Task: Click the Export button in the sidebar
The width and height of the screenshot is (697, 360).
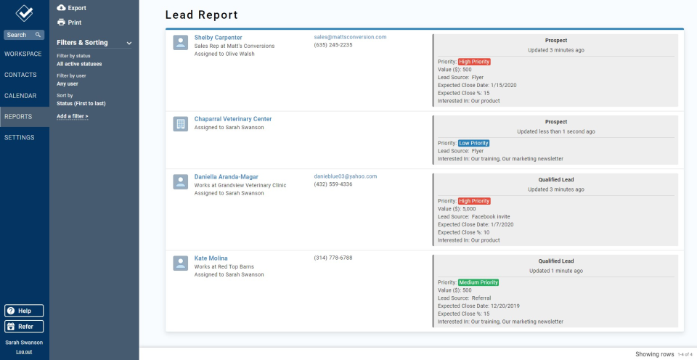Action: (x=71, y=8)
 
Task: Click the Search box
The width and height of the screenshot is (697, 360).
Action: (x=24, y=35)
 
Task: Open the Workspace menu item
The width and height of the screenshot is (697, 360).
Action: (x=23, y=54)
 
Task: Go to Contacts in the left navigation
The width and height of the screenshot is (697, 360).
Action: (x=21, y=75)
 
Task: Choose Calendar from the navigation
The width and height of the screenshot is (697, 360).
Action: (x=21, y=96)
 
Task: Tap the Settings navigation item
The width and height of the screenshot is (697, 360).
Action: (x=20, y=137)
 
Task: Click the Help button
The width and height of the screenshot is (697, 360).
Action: (x=24, y=311)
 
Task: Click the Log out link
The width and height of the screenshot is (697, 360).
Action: (x=24, y=352)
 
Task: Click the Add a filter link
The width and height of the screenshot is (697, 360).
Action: (x=73, y=116)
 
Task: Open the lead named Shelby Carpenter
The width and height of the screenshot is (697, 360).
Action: (x=218, y=38)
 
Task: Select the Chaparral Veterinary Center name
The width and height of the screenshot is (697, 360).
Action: (x=232, y=119)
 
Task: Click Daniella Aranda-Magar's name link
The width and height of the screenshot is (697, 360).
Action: (x=226, y=176)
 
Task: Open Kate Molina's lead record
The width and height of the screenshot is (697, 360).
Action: (x=211, y=258)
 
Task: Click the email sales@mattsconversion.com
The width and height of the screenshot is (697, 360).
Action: (x=350, y=37)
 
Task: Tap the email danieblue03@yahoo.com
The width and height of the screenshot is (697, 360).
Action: (x=346, y=176)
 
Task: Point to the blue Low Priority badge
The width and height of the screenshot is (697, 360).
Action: (x=474, y=143)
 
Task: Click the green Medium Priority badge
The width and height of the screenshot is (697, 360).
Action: (x=478, y=282)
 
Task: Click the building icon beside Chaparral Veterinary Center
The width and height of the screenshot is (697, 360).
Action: (x=181, y=124)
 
